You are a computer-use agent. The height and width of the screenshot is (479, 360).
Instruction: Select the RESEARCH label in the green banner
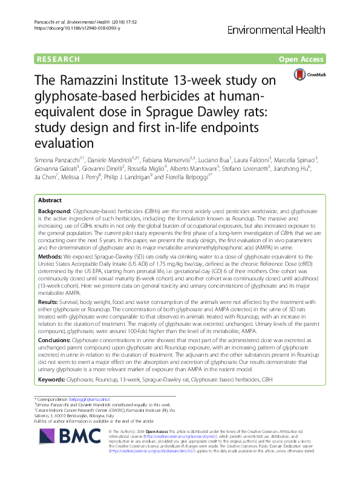coord(58,59)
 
